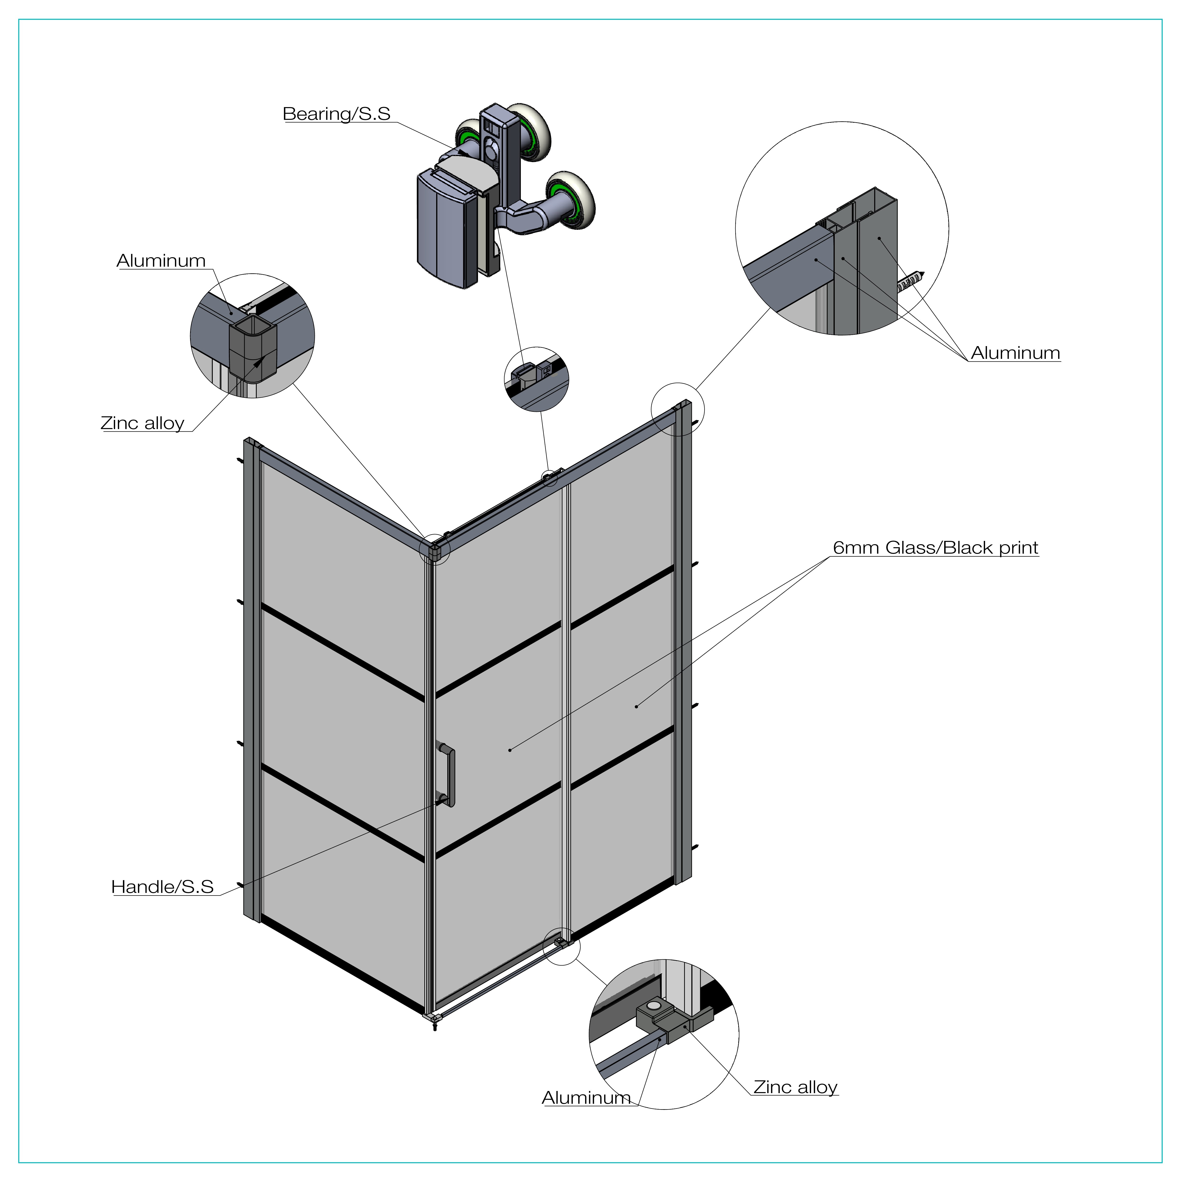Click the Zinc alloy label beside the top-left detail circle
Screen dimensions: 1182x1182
point(143,423)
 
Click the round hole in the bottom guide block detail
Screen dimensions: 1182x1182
point(654,1005)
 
